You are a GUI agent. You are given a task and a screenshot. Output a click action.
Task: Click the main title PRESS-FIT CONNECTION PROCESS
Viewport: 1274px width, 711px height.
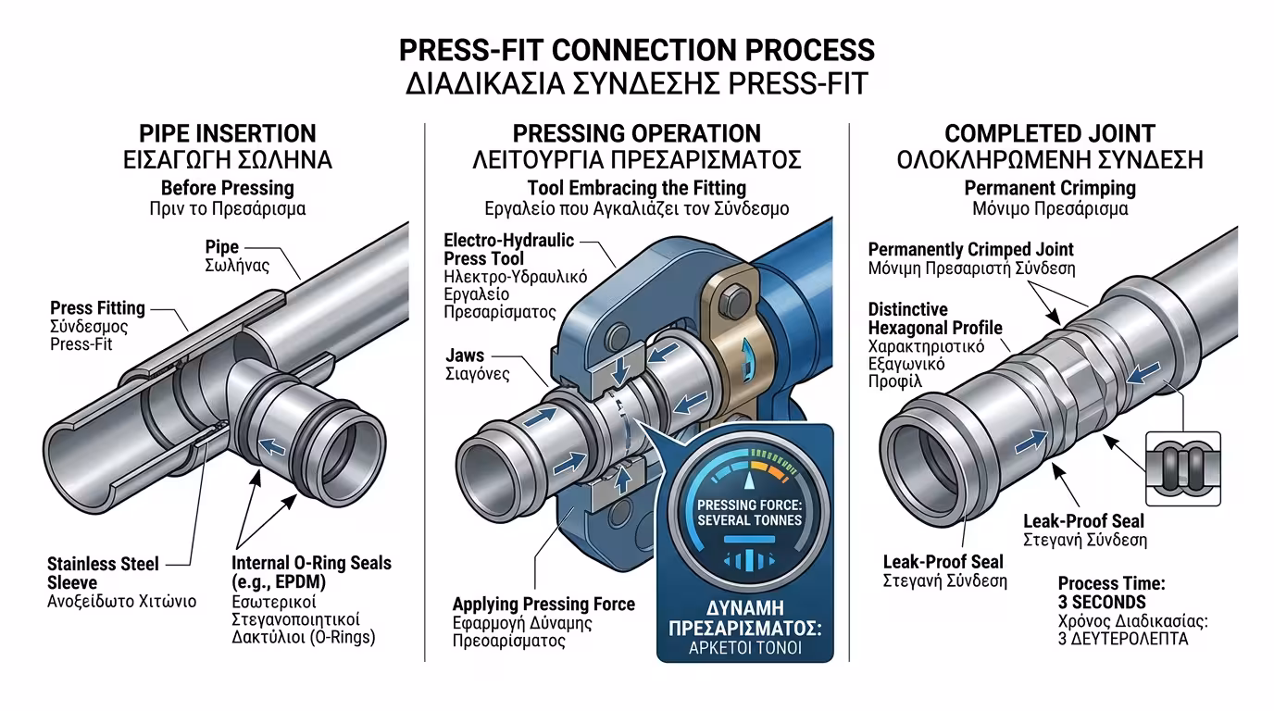point(636,49)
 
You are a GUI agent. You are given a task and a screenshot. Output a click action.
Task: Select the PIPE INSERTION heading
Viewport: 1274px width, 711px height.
point(227,133)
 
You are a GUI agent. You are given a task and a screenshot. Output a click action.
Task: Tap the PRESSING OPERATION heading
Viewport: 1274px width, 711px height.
point(636,133)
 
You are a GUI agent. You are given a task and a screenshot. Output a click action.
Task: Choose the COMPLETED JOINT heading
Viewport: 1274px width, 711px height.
point(1049,133)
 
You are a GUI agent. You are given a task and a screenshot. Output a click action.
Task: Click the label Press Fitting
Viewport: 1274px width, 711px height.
point(97,308)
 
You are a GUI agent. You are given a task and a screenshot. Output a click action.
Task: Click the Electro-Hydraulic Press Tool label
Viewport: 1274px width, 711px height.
point(508,249)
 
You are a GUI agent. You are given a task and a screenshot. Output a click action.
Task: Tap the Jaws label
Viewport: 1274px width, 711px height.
point(464,355)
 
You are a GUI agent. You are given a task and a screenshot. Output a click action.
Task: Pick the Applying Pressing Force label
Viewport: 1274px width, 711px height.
point(543,605)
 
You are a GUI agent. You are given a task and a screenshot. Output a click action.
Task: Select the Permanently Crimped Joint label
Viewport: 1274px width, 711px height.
point(970,249)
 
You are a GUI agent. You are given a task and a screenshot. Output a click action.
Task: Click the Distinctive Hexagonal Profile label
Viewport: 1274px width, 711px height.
point(935,318)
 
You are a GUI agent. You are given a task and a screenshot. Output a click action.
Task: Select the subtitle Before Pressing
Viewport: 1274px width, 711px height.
point(227,188)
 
